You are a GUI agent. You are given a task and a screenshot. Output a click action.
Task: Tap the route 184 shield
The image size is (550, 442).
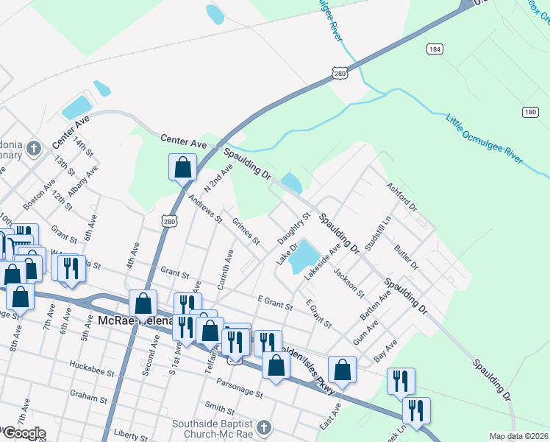[434, 49]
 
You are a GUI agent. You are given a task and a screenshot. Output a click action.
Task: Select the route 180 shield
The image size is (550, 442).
[531, 112]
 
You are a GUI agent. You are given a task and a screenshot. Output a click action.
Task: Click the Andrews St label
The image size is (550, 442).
[204, 208]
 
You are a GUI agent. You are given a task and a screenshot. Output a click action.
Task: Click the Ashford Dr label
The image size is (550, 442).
[401, 197]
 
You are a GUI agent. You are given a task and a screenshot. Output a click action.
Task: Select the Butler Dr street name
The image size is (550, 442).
[405, 258]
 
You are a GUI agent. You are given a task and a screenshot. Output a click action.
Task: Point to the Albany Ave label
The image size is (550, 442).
[83, 181]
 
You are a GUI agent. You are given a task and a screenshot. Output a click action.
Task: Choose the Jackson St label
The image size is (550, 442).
[349, 282]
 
